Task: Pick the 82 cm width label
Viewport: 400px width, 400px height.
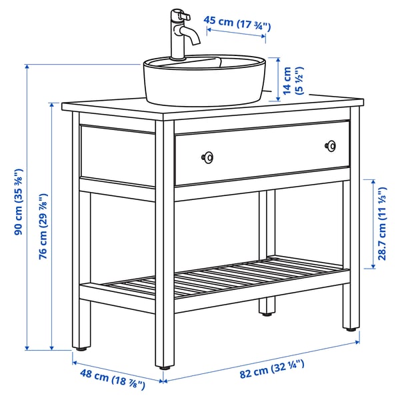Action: coord(271,366)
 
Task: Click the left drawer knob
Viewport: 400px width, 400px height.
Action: coord(208,157)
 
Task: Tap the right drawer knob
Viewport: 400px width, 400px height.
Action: coord(330,145)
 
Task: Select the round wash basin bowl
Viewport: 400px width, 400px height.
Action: coord(204,80)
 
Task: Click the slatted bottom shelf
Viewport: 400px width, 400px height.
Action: coord(227,277)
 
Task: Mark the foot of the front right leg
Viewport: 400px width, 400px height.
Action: coord(351,327)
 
